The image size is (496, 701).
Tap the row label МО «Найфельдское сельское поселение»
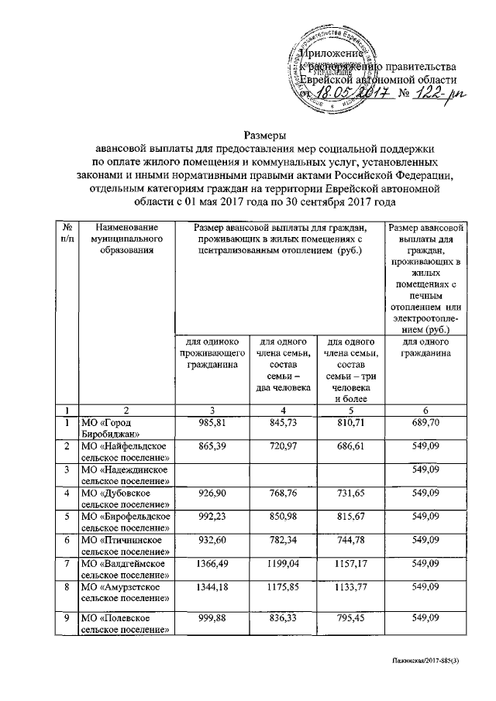[x=126, y=448]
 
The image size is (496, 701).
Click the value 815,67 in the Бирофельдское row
[x=352, y=516]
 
